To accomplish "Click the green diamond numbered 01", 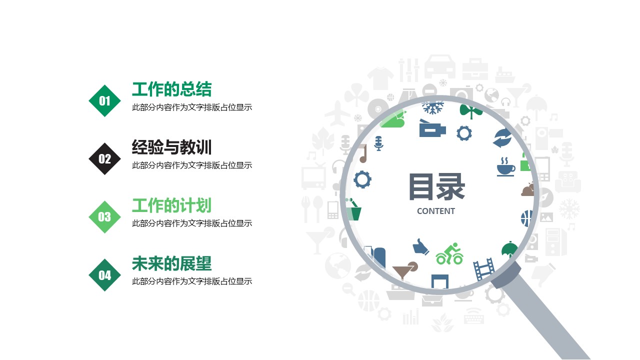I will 104,101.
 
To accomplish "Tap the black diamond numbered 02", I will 104,159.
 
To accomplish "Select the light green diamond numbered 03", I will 104,217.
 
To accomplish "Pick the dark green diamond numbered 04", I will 104,275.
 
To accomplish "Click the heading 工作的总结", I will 171,89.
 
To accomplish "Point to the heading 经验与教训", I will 171,147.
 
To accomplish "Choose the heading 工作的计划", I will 171,205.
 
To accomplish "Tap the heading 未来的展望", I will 171,263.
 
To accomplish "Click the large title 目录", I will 436,186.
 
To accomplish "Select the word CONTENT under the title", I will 436,211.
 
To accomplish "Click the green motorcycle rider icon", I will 449,254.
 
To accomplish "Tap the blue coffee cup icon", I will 505,167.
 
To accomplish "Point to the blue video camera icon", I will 431,128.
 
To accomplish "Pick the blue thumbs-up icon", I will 420,246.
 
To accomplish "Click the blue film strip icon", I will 483,269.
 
